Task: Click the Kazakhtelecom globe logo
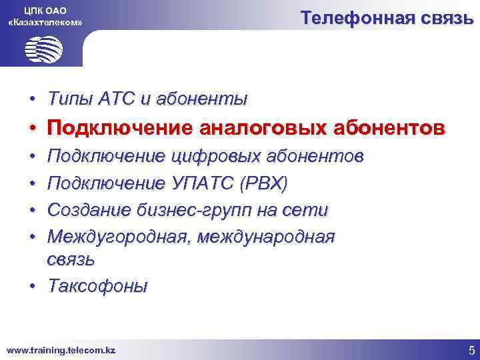click(43, 49)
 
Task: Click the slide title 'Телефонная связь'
click(387, 18)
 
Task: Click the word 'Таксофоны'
click(97, 286)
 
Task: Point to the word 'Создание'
click(90, 211)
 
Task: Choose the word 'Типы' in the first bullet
click(69, 99)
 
